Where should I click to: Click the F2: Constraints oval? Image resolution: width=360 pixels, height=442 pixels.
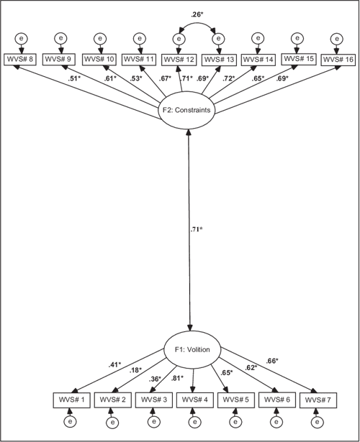189,111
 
